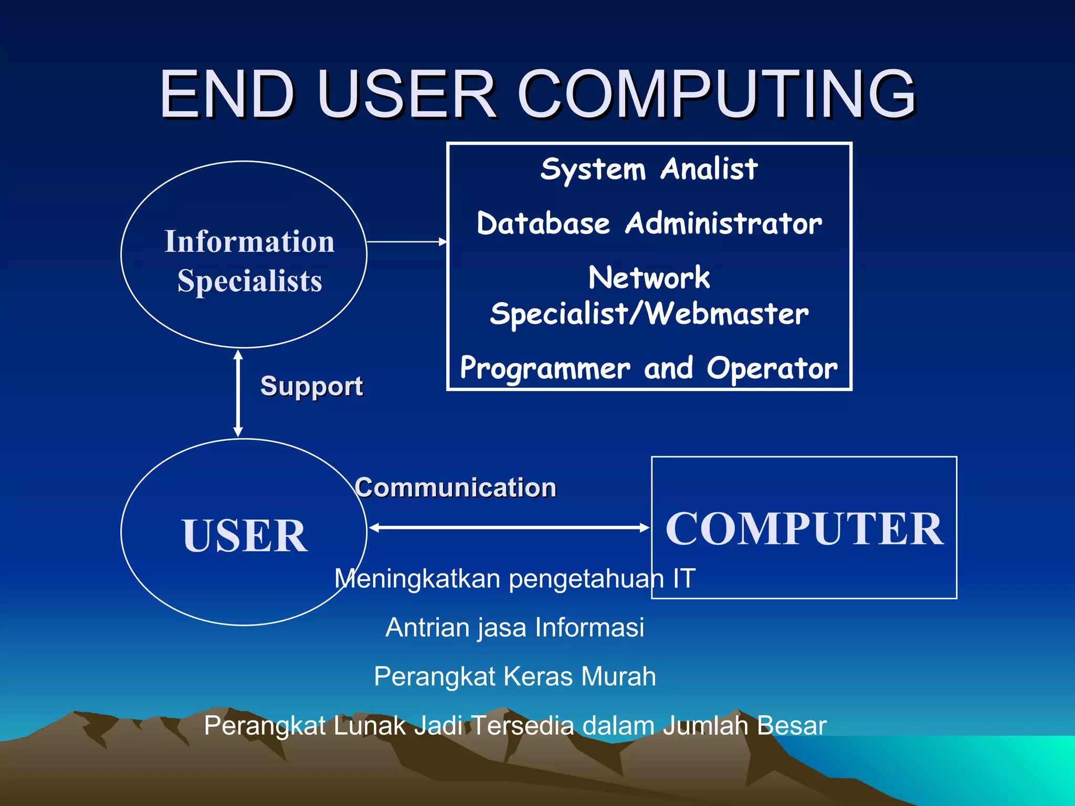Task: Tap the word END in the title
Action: tap(227, 94)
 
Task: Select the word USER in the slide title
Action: tap(406, 94)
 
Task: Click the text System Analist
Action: tap(649, 169)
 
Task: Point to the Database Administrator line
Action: tap(649, 224)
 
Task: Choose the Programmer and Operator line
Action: tap(649, 368)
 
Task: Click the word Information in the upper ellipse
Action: tap(249, 241)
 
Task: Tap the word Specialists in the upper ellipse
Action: tap(249, 281)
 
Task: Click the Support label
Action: tap(311, 386)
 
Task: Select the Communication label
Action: tap(455, 487)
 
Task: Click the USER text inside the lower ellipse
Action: tap(245, 535)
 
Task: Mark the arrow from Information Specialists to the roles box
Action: tap(407, 242)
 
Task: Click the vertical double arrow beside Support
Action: tap(238, 394)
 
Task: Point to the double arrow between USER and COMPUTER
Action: tap(509, 527)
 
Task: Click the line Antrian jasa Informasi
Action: tap(514, 628)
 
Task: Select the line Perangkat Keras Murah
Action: tap(514, 676)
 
